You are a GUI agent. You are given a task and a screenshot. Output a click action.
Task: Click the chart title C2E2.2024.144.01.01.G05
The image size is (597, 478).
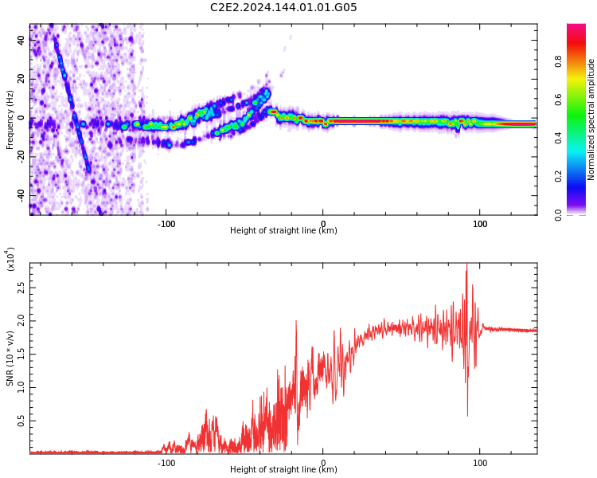[283, 7]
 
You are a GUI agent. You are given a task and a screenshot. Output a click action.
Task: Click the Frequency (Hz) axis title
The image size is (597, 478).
[10, 119]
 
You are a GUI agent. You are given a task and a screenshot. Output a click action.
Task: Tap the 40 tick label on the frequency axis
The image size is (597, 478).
[21, 40]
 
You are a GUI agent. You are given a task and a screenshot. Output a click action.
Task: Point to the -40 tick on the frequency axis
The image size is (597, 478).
[21, 195]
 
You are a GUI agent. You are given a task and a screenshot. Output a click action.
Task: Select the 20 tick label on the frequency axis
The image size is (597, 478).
[21, 79]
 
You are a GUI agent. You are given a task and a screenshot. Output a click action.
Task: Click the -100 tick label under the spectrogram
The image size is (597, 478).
[166, 224]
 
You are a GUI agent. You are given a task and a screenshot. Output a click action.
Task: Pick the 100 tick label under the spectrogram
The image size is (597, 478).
[480, 224]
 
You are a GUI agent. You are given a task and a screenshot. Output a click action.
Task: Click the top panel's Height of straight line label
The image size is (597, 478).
[283, 230]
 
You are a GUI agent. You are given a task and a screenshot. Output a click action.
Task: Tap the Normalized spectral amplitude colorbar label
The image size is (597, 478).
[591, 119]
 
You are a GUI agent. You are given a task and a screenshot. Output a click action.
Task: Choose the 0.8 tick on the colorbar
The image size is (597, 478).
[558, 61]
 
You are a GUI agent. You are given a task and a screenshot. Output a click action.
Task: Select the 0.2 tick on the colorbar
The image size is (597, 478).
[558, 177]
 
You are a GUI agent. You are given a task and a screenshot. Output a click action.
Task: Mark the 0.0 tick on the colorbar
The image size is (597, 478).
[558, 215]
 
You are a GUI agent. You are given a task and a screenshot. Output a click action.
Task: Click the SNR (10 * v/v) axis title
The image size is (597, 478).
[10, 358]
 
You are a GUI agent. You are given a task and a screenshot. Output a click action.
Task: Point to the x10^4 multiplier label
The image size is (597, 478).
[10, 259]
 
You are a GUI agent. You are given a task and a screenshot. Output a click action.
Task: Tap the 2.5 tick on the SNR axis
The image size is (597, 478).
[21, 288]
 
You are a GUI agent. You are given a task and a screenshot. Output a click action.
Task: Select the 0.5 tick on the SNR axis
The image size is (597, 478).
[21, 421]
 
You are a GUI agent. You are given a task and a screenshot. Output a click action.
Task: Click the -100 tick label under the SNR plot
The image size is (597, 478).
[166, 463]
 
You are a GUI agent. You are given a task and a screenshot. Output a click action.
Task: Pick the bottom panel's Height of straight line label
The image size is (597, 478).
[283, 469]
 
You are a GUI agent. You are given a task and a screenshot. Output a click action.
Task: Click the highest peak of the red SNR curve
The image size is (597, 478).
[466, 264]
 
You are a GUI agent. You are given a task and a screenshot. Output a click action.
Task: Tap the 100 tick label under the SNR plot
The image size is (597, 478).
[480, 463]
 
